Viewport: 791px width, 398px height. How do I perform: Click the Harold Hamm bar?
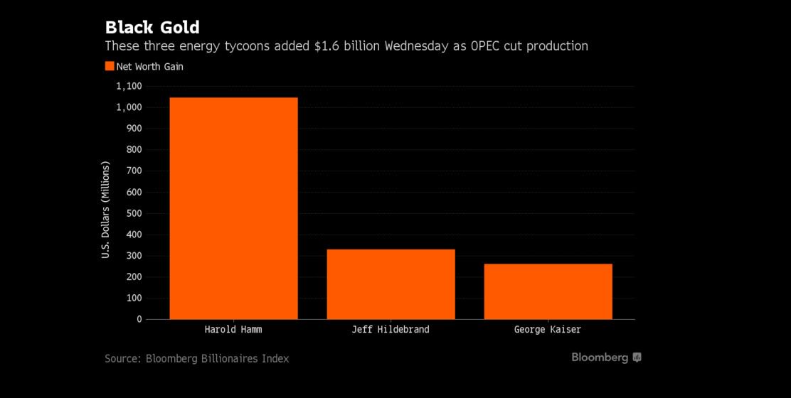pyautogui.click(x=233, y=208)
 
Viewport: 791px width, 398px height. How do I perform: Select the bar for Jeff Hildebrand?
pyautogui.click(x=391, y=284)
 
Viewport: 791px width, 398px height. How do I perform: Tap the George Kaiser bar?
pyautogui.click(x=548, y=291)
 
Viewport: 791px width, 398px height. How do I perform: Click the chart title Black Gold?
pyautogui.click(x=152, y=28)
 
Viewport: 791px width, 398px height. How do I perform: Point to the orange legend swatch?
pyautogui.click(x=110, y=66)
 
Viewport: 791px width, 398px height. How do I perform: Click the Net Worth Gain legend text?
pyautogui.click(x=150, y=66)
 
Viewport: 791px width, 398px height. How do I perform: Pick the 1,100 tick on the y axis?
pyautogui.click(x=129, y=86)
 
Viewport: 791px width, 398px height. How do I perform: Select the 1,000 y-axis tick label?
pyautogui.click(x=129, y=107)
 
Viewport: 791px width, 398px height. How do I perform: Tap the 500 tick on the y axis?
pyautogui.click(x=132, y=213)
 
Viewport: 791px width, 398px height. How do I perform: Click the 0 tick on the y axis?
pyautogui.click(x=139, y=319)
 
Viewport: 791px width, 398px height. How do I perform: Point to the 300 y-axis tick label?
pyautogui.click(x=132, y=256)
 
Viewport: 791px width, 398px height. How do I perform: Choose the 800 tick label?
pyautogui.click(x=132, y=150)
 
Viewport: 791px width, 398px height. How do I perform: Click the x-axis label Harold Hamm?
pyautogui.click(x=233, y=330)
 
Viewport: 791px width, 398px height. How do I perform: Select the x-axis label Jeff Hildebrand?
pyautogui.click(x=391, y=330)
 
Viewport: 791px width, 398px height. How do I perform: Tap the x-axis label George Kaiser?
pyautogui.click(x=548, y=330)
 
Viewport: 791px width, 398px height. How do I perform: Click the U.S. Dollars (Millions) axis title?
pyautogui.click(x=106, y=209)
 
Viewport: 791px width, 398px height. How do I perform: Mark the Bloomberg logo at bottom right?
pyautogui.click(x=606, y=357)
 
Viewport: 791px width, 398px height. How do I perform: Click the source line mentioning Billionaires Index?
pyautogui.click(x=197, y=358)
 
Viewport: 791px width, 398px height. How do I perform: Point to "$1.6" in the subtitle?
pyautogui.click(x=327, y=46)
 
